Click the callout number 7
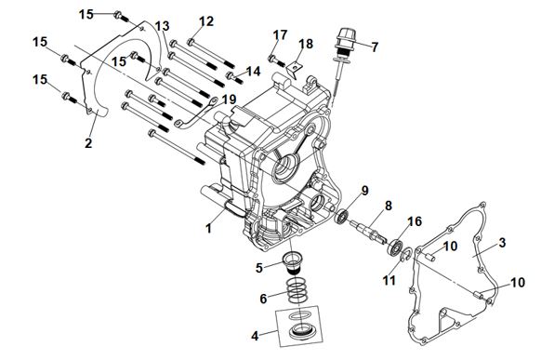tap(375, 47)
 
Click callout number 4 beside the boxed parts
tap(255, 336)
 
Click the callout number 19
tap(229, 100)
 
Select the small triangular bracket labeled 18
tap(294, 67)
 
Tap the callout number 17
tap(280, 35)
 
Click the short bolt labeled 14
tap(234, 77)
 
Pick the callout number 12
tap(206, 21)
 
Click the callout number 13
tap(162, 26)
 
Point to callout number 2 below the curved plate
tap(88, 143)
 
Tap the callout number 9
tap(364, 191)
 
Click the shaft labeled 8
tap(368, 231)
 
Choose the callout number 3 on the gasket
tap(502, 243)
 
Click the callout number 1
tap(208, 228)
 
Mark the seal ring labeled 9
tap(342, 217)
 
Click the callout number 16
tap(415, 221)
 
